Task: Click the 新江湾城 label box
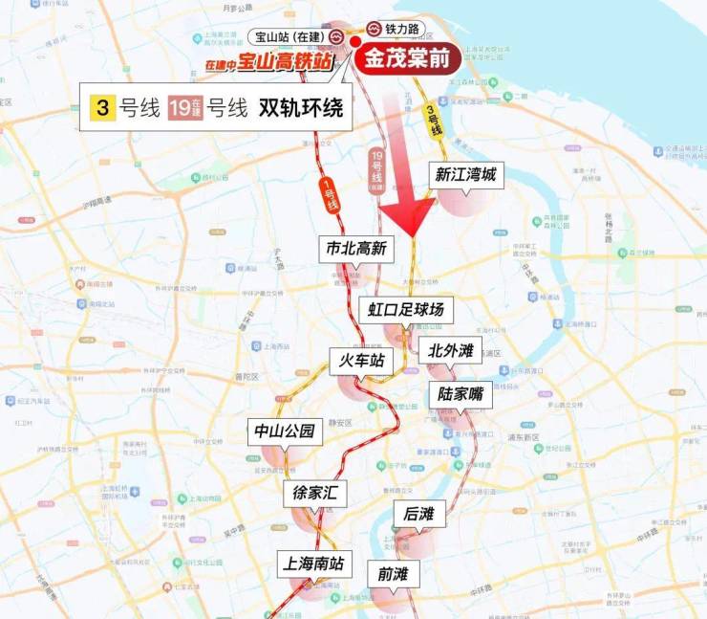pyautogui.click(x=465, y=175)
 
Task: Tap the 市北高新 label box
pyautogui.click(x=355, y=249)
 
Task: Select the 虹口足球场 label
pyautogui.click(x=406, y=311)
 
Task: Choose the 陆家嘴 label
pyautogui.click(x=461, y=394)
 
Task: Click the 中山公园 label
pyautogui.click(x=284, y=431)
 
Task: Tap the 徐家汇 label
pyautogui.click(x=315, y=494)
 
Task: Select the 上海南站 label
pyautogui.click(x=309, y=562)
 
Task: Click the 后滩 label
pyautogui.click(x=418, y=514)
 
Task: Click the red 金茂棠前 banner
pyautogui.click(x=408, y=56)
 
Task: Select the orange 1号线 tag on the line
pyautogui.click(x=332, y=195)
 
